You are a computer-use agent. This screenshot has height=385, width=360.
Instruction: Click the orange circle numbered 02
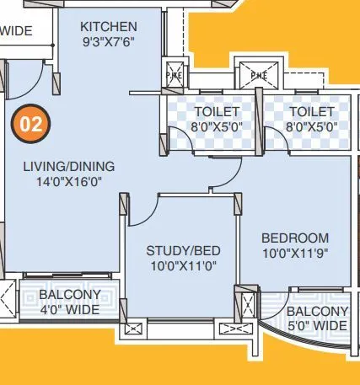31,125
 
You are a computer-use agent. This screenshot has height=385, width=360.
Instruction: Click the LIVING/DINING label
68,167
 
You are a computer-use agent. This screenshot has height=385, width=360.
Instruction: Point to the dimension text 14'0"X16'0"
68,181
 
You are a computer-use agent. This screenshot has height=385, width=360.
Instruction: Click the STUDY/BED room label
183,251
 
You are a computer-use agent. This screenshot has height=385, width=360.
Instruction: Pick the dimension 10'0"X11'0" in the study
183,265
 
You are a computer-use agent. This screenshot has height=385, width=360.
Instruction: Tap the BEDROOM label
294,238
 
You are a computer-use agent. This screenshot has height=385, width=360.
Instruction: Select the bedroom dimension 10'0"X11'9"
294,253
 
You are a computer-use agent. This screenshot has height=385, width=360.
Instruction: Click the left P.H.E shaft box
175,73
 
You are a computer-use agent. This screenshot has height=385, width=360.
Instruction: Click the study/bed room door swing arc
141,211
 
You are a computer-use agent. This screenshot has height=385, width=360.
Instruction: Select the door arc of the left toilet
180,141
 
